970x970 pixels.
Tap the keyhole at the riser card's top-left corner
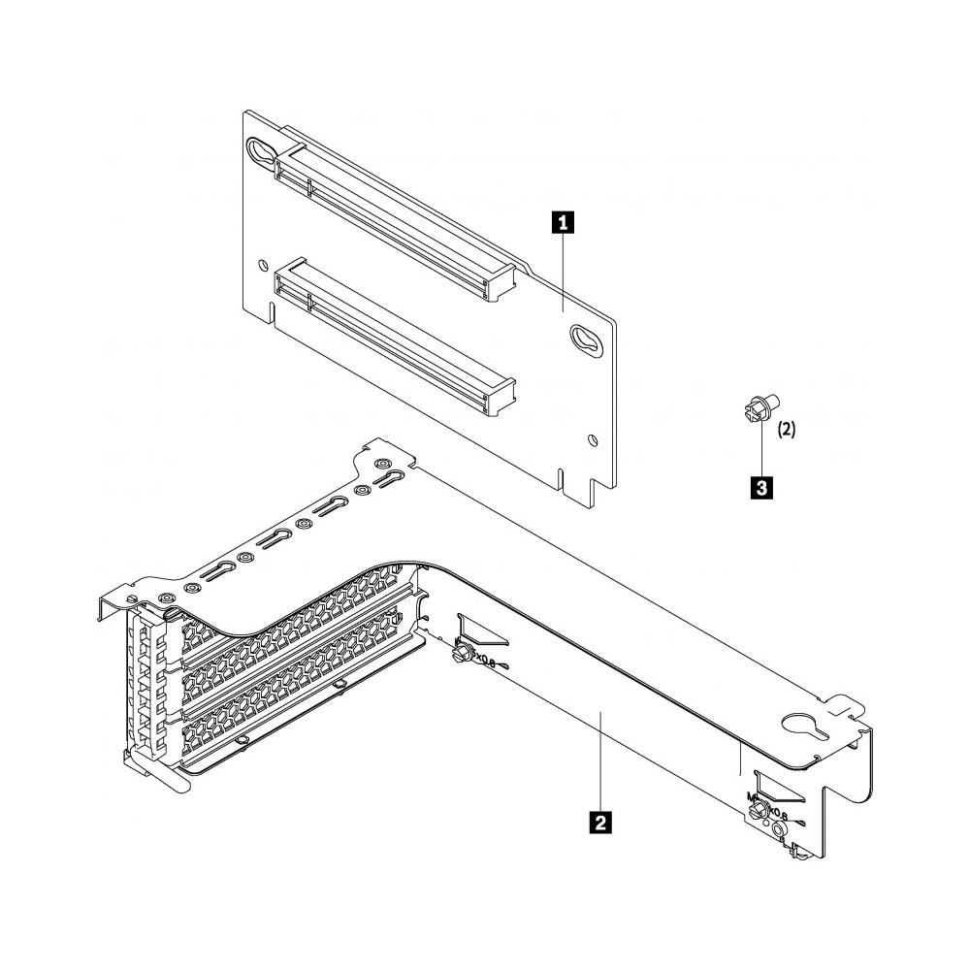[261, 150]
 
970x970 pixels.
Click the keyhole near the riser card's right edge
[584, 339]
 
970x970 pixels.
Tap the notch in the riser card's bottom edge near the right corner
[563, 478]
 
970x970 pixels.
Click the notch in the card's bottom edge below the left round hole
[273, 311]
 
